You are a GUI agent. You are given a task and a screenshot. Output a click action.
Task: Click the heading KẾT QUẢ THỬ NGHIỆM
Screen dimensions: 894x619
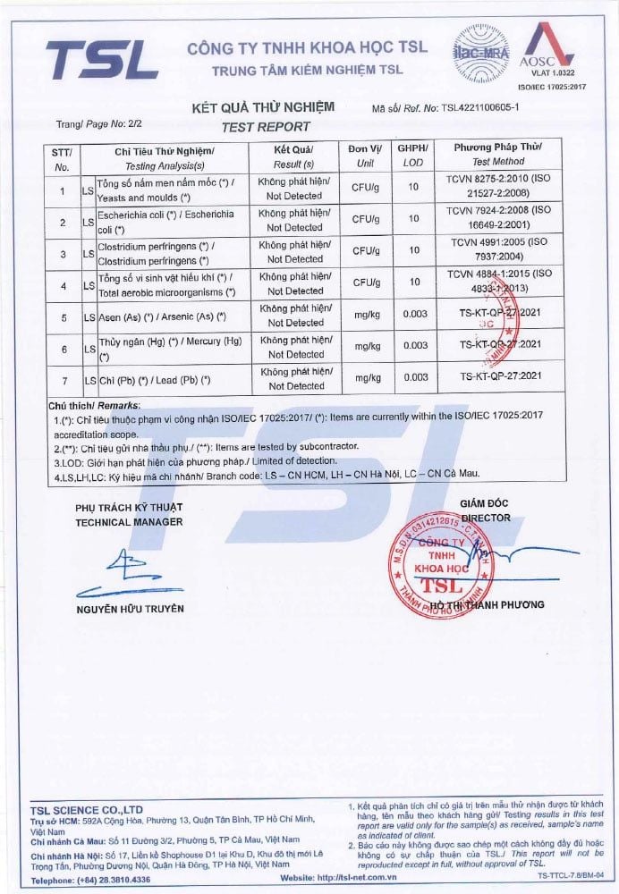pos(264,107)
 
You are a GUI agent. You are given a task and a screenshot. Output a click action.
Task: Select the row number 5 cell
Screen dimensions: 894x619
pos(61,316)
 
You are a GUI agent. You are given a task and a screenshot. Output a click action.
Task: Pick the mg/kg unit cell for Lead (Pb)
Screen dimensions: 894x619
pos(363,378)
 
